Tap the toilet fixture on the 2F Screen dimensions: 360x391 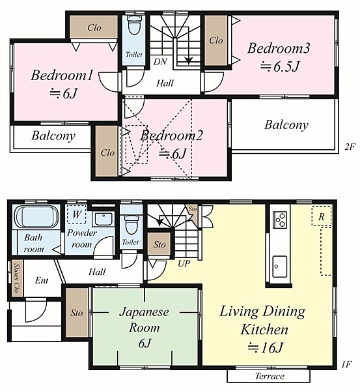[x=134, y=24]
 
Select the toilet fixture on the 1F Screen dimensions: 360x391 [x=131, y=224]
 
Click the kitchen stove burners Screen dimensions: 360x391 [x=280, y=220]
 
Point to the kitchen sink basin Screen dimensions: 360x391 [x=279, y=267]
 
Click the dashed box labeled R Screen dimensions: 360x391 [x=322, y=216]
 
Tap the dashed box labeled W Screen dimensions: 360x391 [x=76, y=214]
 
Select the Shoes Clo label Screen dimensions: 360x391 [x=17, y=278]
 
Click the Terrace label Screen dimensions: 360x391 [x=270, y=376]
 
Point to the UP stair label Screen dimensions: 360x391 [x=184, y=263]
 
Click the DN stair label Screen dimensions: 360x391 [x=160, y=62]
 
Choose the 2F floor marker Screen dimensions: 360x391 [x=350, y=147]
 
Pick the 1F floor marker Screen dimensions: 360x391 [x=346, y=365]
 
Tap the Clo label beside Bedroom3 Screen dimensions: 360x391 [x=215, y=40]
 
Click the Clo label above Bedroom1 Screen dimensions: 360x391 [x=94, y=27]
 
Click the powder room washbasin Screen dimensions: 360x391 [x=104, y=219]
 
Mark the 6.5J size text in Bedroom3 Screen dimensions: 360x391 [x=279, y=66]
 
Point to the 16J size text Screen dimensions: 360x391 [x=265, y=347]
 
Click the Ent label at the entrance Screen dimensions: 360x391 [x=42, y=280]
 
